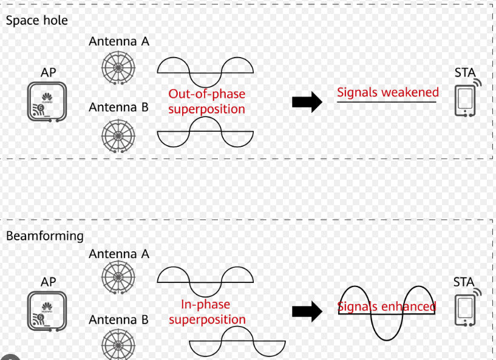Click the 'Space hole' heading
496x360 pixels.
click(x=36, y=21)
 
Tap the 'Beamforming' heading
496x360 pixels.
click(x=44, y=236)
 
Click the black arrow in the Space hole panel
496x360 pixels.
click(x=307, y=101)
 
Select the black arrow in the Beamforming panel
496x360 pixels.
click(x=307, y=311)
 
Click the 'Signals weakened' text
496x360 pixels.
click(x=387, y=93)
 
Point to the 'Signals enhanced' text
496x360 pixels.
click(x=387, y=306)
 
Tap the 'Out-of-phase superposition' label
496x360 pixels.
click(x=207, y=101)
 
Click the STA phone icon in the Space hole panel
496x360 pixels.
click(x=466, y=100)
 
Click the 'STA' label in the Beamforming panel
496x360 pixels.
click(x=464, y=282)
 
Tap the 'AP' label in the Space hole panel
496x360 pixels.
click(x=49, y=73)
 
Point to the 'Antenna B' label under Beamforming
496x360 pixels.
click(x=119, y=320)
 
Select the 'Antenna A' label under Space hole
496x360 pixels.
click(x=119, y=41)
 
